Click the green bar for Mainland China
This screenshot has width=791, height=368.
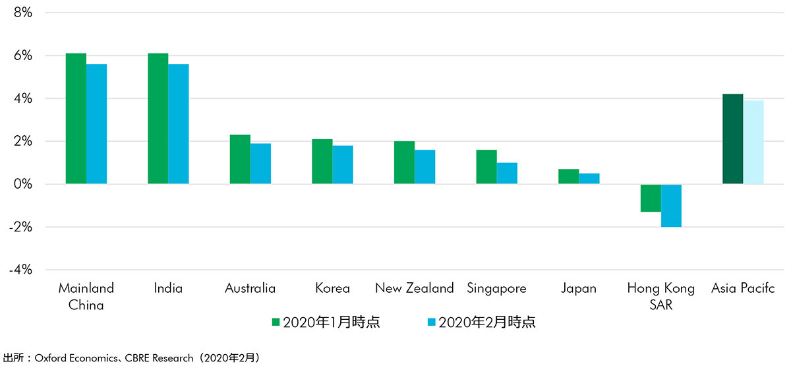[76, 119]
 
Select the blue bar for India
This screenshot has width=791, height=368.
[179, 124]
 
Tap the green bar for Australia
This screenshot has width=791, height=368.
[240, 159]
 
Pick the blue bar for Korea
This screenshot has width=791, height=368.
[343, 165]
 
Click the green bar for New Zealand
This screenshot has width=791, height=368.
[404, 162]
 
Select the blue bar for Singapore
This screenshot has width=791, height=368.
[507, 173]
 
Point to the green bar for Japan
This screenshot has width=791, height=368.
[568, 177]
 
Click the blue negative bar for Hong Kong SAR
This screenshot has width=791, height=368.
[671, 206]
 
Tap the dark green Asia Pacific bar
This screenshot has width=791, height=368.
[733, 139]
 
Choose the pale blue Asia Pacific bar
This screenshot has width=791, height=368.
[753, 142]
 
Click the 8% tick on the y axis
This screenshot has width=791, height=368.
[22, 13]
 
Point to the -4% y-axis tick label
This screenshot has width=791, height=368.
[20, 270]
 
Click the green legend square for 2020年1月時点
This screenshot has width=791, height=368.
[276, 322]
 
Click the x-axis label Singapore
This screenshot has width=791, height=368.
[496, 288]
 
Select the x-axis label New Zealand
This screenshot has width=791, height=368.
[414, 288]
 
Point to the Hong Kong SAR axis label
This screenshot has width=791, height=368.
[660, 296]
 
